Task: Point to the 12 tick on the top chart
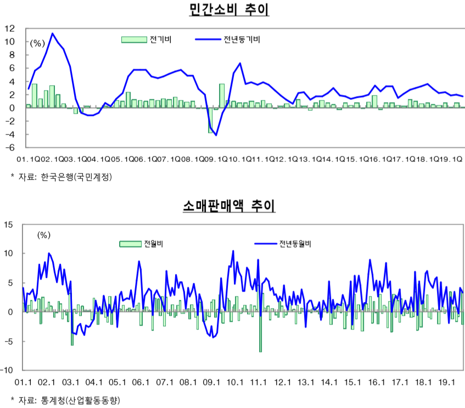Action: click(x=9, y=28)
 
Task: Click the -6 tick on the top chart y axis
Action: click(x=9, y=148)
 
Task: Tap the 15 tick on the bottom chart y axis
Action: click(x=9, y=224)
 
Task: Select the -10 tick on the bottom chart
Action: click(x=8, y=371)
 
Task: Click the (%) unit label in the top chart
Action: click(x=37, y=42)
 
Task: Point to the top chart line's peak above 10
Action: click(x=53, y=33)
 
